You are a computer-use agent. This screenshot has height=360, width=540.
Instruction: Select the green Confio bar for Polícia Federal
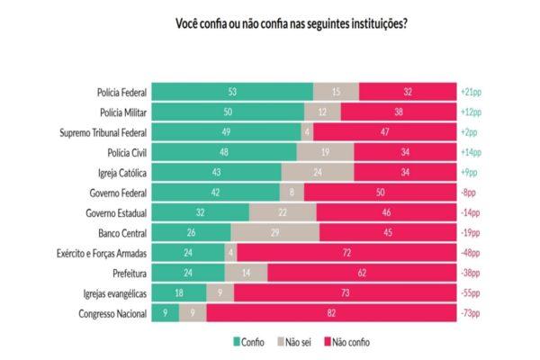[232, 92]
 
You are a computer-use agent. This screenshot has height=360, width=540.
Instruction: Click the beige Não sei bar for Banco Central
[274, 232]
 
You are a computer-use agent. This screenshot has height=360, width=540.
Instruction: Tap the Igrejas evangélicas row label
[110, 292]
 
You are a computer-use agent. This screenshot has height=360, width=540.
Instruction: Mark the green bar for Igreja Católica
[217, 172]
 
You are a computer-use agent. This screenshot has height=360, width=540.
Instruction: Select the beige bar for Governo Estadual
[283, 212]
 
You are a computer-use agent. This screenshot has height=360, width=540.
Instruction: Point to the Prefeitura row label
[124, 272]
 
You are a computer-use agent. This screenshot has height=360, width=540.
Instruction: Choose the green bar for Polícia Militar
[228, 112]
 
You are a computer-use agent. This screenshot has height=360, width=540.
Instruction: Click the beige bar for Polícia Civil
[325, 152]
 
